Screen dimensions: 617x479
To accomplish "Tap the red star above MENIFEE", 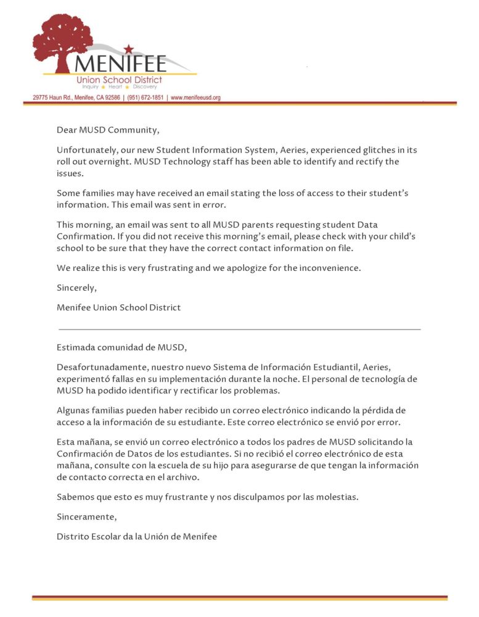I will pos(128,49).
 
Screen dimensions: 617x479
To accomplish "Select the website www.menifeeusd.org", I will pos(195,97).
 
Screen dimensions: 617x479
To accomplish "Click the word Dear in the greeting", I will pos(67,130).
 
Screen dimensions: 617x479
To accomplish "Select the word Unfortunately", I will pos(85,151).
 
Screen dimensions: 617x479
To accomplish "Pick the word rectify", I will pos(358,162).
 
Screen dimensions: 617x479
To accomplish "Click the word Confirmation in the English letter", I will pos(84,236).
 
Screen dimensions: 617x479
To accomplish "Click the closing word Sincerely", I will pos(76,288).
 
